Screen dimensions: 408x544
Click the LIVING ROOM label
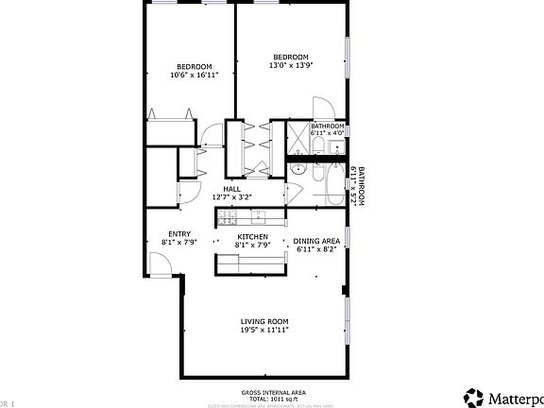(263, 321)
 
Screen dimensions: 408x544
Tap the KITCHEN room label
(252, 236)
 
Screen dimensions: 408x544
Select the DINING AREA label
(316, 241)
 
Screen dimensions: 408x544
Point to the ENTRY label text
(179, 234)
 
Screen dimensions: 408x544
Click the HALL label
(231, 189)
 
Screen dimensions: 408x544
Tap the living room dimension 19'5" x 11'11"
(263, 330)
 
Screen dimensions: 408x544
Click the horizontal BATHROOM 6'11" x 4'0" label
(328, 129)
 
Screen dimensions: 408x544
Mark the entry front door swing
(161, 266)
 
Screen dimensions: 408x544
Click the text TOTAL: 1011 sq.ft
(273, 399)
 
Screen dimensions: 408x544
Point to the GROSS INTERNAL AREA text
(273, 393)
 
